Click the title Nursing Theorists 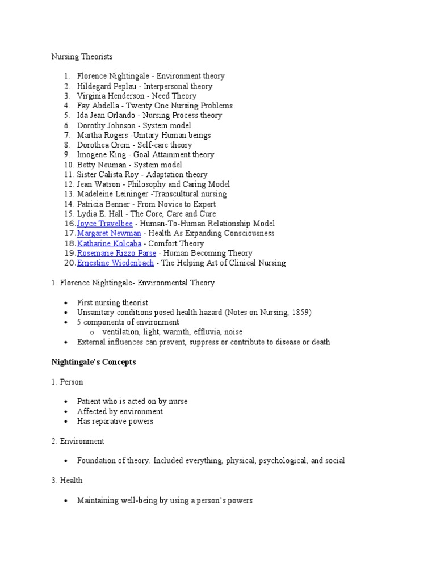[82, 57]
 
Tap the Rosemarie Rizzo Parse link [116, 253]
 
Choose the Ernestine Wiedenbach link [115, 263]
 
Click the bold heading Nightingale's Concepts [94, 362]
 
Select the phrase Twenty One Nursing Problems [179, 106]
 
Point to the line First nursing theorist [112, 303]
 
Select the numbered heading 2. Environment [78, 441]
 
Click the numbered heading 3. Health [66, 481]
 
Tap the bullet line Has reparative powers [115, 421]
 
